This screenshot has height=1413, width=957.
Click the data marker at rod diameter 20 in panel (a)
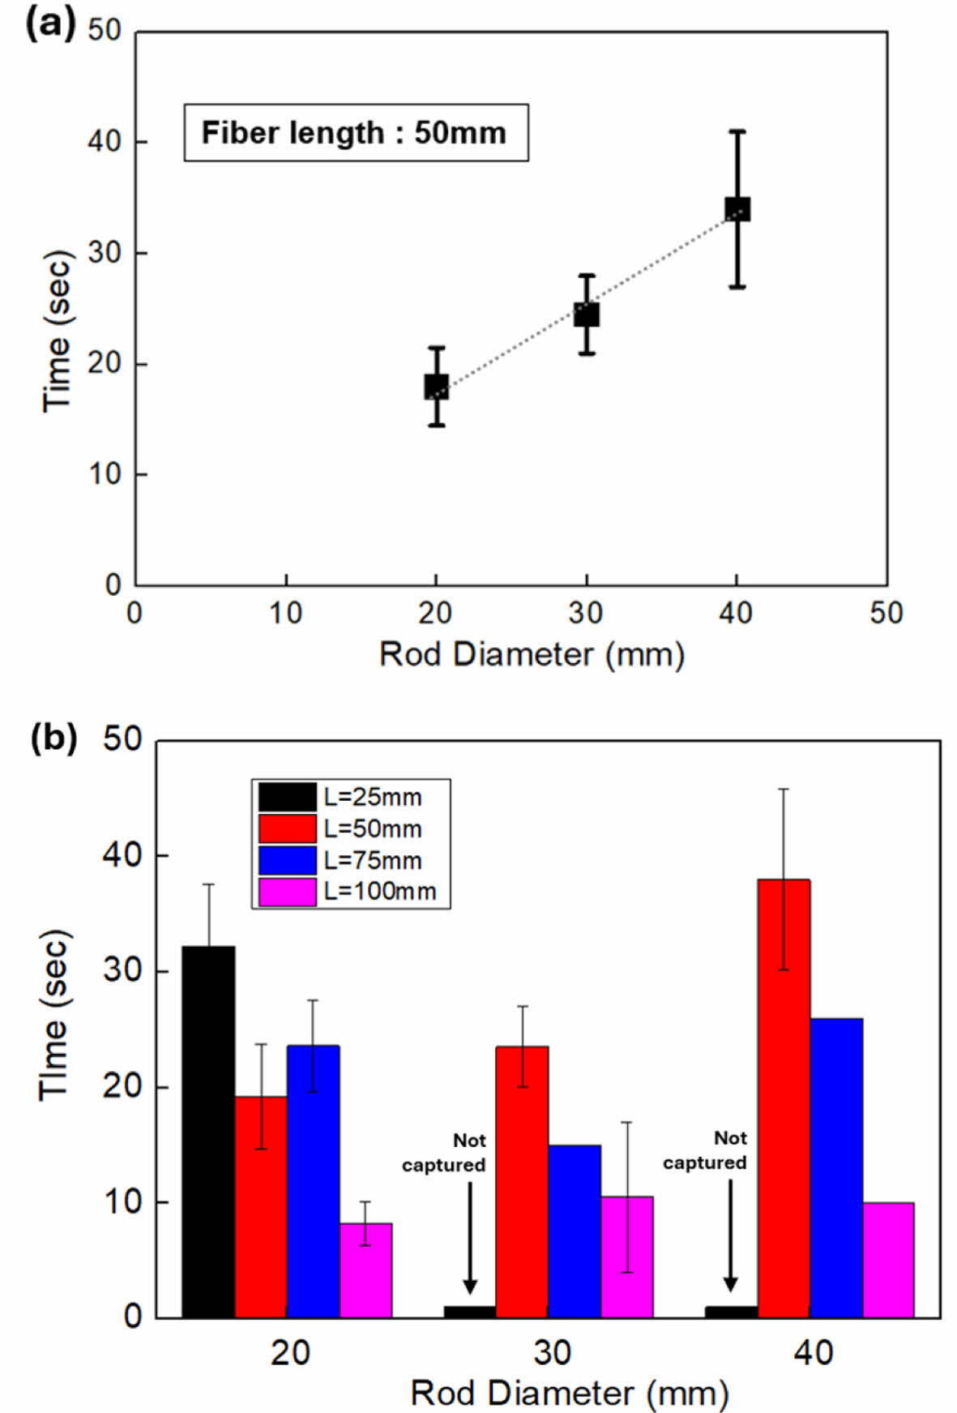[x=437, y=387]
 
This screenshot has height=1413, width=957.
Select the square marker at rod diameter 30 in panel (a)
[x=587, y=315]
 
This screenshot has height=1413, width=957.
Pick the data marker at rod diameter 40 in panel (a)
[x=737, y=209]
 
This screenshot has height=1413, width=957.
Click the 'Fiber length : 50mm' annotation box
[x=356, y=133]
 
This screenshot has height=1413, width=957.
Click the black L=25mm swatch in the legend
[x=287, y=797]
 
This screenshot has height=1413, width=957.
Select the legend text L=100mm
[x=380, y=892]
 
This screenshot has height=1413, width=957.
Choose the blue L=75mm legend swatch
[x=287, y=860]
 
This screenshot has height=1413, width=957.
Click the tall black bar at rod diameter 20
[x=208, y=1131]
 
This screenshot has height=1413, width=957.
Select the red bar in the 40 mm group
[x=784, y=1098]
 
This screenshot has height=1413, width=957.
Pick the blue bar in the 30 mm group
[x=575, y=1231]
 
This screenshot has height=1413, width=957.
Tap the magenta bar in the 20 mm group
[x=365, y=1270]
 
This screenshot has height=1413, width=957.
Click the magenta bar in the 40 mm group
[x=888, y=1260]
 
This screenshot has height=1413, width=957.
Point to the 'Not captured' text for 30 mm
[x=444, y=1153]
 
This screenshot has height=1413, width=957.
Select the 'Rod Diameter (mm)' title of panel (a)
[x=532, y=654]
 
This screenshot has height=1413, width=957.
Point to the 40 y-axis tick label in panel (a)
[x=105, y=142]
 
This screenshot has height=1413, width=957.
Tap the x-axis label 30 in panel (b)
[x=552, y=1352]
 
